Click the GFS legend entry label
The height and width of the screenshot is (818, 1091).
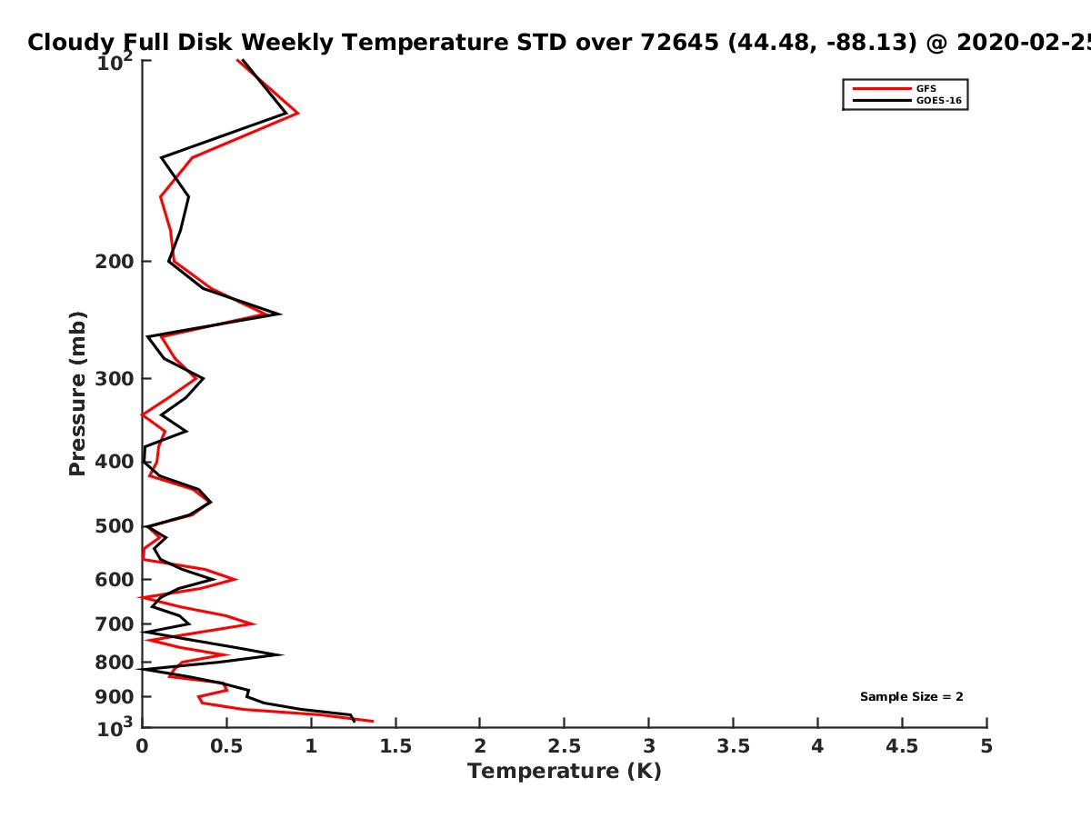[x=926, y=88]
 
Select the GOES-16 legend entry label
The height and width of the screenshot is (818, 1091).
[x=939, y=100]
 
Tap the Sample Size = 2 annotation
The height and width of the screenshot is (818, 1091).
[x=912, y=696]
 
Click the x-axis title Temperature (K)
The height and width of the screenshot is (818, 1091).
[x=565, y=771]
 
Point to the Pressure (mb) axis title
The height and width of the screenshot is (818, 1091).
[x=77, y=394]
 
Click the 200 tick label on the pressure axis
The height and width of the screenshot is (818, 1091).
[x=115, y=261]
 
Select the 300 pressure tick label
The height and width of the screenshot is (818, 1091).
[x=115, y=378]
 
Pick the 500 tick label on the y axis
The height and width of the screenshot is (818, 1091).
[x=115, y=526]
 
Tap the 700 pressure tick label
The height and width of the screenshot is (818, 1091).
[x=115, y=623]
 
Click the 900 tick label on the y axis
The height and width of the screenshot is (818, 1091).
[x=115, y=697]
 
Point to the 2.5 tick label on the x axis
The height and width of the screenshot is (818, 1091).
[x=565, y=746]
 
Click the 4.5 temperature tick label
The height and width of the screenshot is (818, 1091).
[x=902, y=746]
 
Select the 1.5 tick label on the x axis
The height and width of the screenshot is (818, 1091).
[x=395, y=746]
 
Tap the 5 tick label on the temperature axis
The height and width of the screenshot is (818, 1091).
[x=986, y=746]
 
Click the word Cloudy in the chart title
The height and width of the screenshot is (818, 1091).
[x=71, y=43]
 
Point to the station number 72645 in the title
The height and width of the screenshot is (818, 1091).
[x=679, y=42]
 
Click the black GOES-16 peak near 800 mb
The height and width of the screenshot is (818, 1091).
[x=281, y=654]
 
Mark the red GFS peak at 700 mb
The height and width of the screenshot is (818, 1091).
[x=255, y=623]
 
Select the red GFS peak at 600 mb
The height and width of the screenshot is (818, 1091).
[x=236, y=579]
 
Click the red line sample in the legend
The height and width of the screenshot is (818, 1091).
[x=882, y=88]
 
